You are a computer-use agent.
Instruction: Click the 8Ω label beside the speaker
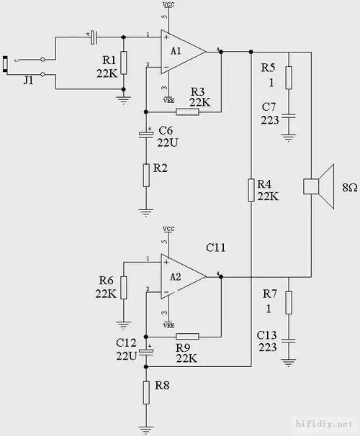click(x=349, y=187)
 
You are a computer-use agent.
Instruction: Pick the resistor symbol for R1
click(x=124, y=63)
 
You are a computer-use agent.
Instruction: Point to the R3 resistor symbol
click(x=187, y=112)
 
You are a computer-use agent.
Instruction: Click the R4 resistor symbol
click(x=251, y=191)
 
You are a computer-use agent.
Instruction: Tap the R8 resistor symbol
click(x=146, y=391)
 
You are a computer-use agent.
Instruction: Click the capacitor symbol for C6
click(x=146, y=133)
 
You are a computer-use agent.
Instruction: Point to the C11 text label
click(x=216, y=247)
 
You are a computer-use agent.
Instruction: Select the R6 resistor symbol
click(x=124, y=287)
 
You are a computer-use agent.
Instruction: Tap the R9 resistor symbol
click(x=187, y=336)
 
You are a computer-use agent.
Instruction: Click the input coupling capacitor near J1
click(x=92, y=35)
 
